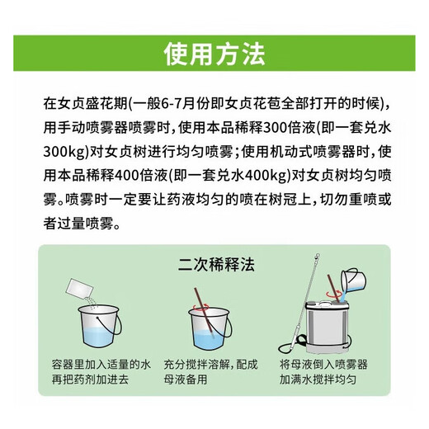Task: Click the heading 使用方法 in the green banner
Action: (214, 55)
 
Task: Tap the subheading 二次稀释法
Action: (214, 265)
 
